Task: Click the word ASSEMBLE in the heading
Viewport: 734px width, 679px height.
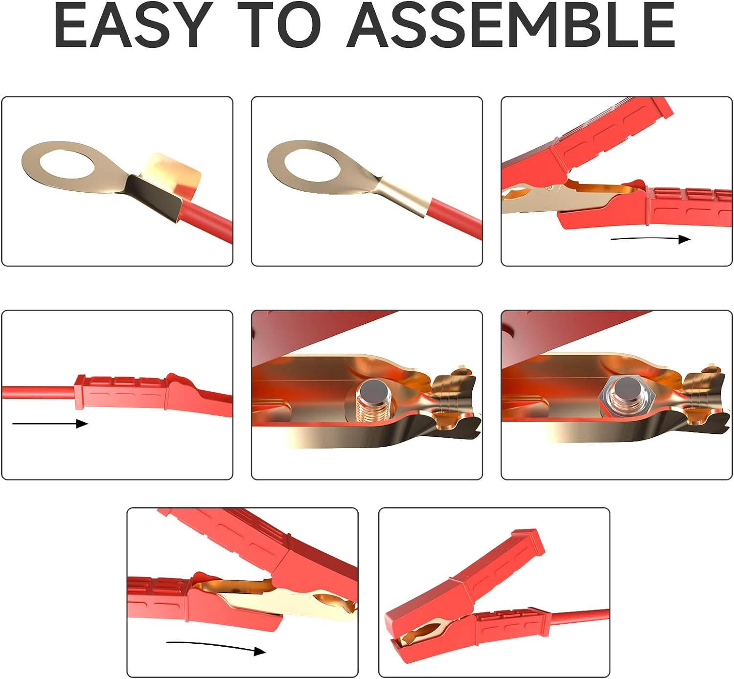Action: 511,24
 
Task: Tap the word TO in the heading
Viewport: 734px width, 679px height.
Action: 279,24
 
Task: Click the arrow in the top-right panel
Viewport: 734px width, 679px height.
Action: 650,239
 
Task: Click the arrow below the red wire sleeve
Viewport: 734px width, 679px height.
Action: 50,424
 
